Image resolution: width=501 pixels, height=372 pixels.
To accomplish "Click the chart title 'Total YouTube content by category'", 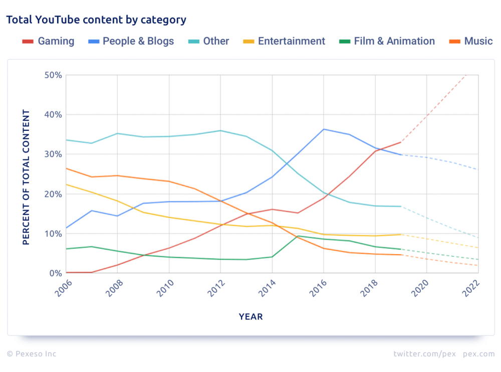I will pyautogui.click(x=96, y=20).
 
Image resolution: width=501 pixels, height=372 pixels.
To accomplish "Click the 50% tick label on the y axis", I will pyautogui.click(x=52, y=75).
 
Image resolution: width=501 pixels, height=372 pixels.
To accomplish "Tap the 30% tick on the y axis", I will pyautogui.click(x=52, y=154).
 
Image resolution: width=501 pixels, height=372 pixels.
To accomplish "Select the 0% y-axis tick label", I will pyautogui.click(x=55, y=273).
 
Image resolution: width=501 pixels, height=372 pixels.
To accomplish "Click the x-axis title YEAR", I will pyautogui.click(x=250, y=316).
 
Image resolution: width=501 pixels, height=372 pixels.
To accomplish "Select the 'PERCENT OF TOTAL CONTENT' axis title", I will pyautogui.click(x=27, y=177).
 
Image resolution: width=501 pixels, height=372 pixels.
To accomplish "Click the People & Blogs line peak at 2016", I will pyautogui.click(x=324, y=129).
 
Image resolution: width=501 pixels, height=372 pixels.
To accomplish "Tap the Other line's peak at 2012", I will pyautogui.click(x=220, y=130).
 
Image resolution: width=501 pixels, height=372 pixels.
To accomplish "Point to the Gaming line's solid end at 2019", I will pyautogui.click(x=401, y=142).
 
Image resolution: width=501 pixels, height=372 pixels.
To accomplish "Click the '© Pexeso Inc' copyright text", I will pyautogui.click(x=32, y=354).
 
